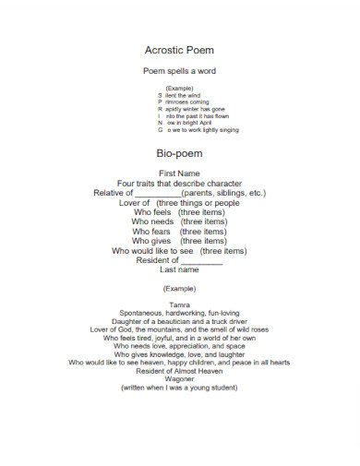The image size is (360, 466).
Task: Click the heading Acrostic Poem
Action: [179, 50]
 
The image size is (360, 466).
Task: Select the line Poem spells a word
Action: [179, 71]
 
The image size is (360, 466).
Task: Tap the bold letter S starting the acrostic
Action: [159, 95]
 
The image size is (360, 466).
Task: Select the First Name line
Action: [179, 173]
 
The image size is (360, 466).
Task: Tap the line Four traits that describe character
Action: [179, 183]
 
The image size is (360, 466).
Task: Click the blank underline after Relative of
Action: [164, 195]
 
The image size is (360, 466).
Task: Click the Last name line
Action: [179, 269]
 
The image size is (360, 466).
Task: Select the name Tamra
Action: [179, 305]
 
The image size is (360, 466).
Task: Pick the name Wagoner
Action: [179, 379]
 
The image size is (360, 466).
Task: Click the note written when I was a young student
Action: [179, 388]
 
